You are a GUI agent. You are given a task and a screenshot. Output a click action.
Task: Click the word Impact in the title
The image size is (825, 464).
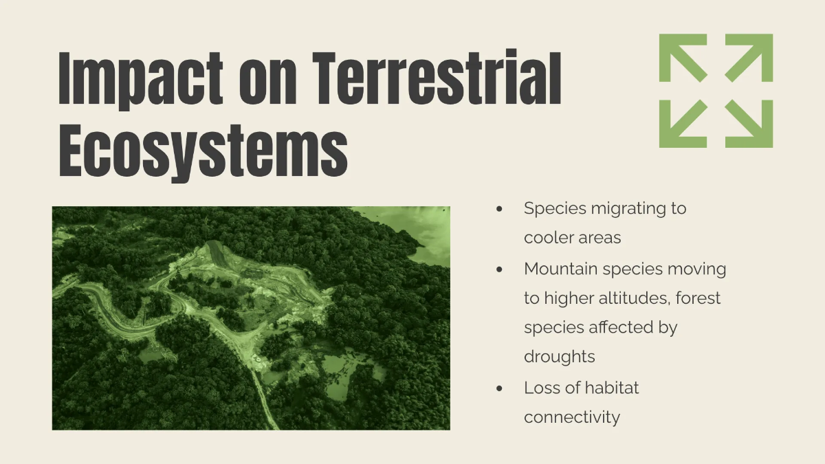(140, 79)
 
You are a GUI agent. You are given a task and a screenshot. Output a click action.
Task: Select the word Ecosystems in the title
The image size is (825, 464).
(203, 151)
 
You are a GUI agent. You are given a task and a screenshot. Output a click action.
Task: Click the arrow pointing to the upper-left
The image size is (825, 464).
(683, 58)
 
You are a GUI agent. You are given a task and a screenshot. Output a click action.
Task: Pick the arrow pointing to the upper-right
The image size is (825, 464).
(749, 58)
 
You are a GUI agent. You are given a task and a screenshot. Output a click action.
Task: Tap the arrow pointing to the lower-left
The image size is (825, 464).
(683, 124)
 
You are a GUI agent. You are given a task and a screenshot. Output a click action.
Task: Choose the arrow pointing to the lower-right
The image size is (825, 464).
(749, 124)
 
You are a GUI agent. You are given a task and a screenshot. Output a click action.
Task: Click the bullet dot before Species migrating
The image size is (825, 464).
(499, 209)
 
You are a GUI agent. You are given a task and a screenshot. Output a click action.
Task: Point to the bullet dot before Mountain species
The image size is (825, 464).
(499, 269)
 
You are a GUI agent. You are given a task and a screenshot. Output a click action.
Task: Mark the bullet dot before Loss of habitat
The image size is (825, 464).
(499, 388)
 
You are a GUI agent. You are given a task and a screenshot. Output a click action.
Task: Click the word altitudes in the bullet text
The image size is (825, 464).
(629, 298)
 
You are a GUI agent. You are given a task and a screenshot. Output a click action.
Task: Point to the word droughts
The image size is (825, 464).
(560, 357)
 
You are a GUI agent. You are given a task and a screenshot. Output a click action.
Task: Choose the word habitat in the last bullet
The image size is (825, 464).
(611, 388)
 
